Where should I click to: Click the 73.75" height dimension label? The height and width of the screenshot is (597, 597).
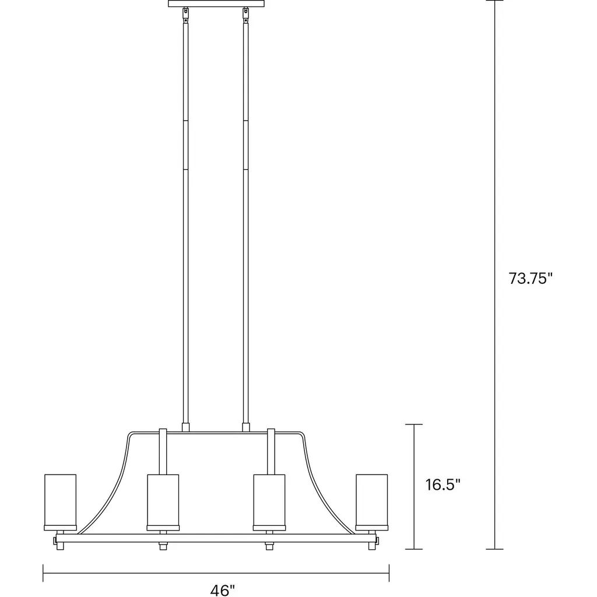point(530,278)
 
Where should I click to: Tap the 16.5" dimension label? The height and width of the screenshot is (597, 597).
point(443,484)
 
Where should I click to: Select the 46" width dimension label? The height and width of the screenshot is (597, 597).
point(222,590)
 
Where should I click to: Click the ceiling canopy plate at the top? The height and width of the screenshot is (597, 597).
point(216,3)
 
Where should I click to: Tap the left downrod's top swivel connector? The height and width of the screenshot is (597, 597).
point(185,15)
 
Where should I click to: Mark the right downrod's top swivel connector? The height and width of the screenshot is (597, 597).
point(245,15)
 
